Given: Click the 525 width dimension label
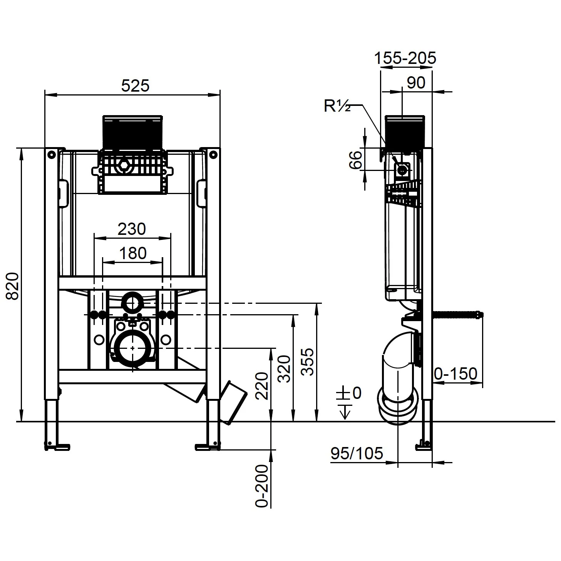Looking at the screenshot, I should click(135, 85).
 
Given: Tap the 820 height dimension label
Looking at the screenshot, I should click(13, 286).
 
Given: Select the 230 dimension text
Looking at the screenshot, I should click(132, 229).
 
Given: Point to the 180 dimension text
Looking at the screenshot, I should click(132, 253).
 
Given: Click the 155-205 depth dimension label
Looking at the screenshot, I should click(405, 58).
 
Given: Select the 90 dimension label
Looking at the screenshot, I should click(416, 83).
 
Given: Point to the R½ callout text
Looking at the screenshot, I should click(337, 106).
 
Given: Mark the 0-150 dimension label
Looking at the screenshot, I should click(456, 373).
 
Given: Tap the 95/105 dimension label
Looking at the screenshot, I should click(357, 453).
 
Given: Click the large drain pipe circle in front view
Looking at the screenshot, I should click(133, 348).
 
